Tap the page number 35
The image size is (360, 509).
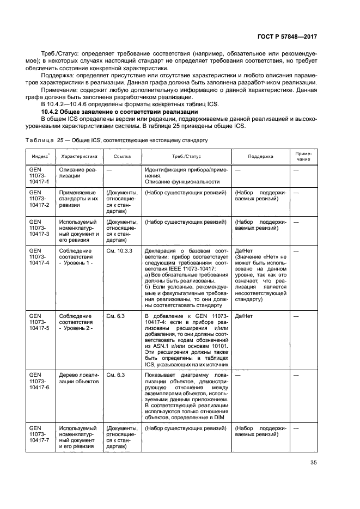[312, 464]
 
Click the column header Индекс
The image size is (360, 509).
[40, 156]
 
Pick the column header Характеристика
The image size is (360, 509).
[78, 156]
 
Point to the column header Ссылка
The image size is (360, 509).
[121, 156]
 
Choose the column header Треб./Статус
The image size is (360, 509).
[186, 156]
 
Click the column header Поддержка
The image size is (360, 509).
[260, 156]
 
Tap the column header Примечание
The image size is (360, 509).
[303, 156]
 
